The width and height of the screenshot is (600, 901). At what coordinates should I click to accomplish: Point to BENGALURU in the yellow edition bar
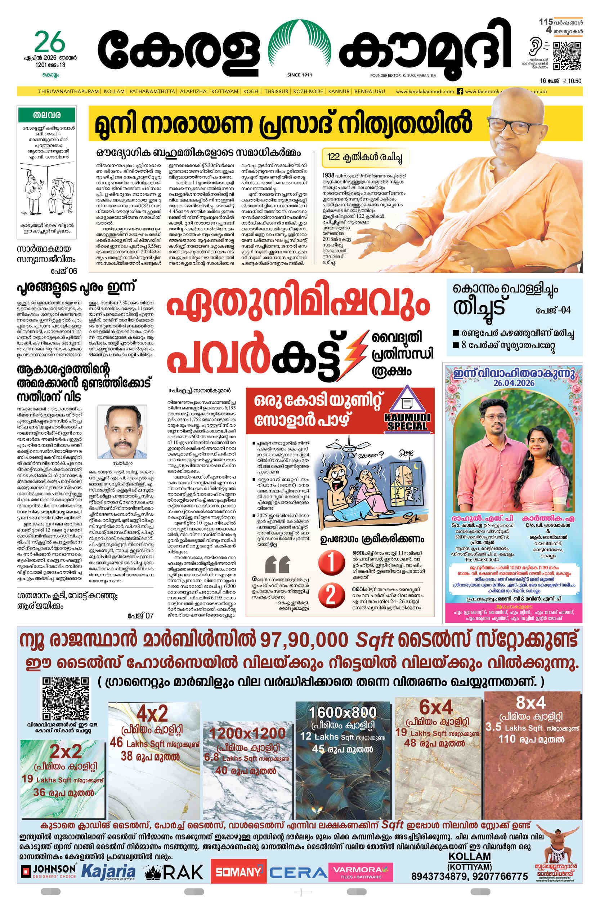coord(369,92)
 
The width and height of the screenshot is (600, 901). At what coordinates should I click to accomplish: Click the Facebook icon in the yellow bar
coord(460,92)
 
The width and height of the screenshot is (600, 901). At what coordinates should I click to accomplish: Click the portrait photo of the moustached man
coord(122,431)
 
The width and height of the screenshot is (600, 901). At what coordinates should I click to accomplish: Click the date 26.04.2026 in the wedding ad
coord(514,383)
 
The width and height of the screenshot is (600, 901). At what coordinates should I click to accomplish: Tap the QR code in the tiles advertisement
coord(66,699)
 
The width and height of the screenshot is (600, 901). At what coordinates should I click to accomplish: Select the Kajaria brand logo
coord(108,871)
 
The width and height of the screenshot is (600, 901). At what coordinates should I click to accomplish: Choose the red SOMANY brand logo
coord(238,872)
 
